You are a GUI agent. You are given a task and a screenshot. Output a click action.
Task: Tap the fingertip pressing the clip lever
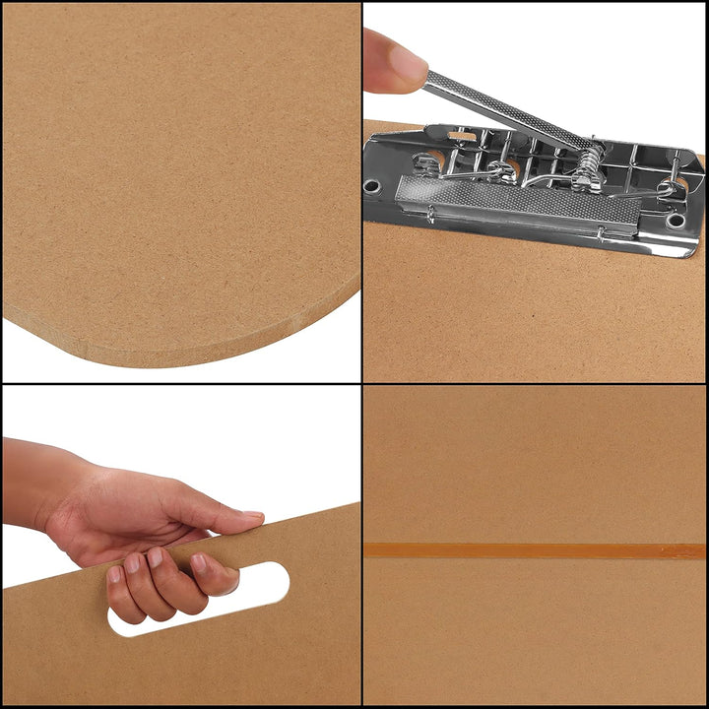406,61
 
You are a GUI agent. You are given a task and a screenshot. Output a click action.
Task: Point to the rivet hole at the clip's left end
372,185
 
